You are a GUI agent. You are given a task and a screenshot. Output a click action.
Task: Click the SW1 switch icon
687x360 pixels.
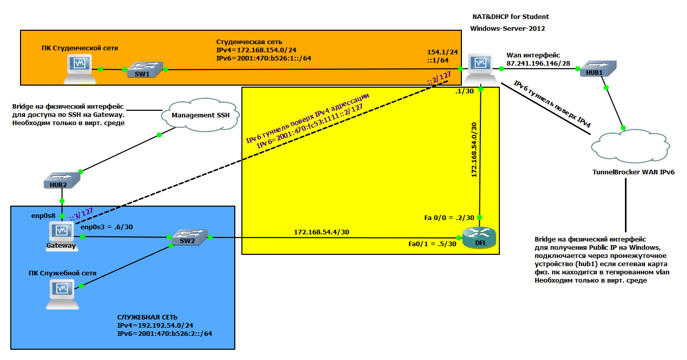click(145, 70)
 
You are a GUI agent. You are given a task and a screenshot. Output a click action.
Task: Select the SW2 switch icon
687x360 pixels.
click(190, 238)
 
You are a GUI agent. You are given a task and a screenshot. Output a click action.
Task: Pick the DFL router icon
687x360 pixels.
click(479, 235)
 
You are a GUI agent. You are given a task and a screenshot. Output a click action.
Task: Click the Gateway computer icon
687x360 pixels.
click(63, 232)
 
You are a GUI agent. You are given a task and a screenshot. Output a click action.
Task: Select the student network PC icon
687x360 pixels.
click(79, 68)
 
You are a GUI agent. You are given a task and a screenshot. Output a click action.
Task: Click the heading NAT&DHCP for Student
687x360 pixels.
click(511, 17)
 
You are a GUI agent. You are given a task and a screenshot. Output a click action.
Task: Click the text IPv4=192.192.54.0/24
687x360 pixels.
click(152, 326)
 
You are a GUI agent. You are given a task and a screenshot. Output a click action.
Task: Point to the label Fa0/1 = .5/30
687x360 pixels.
click(432, 244)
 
